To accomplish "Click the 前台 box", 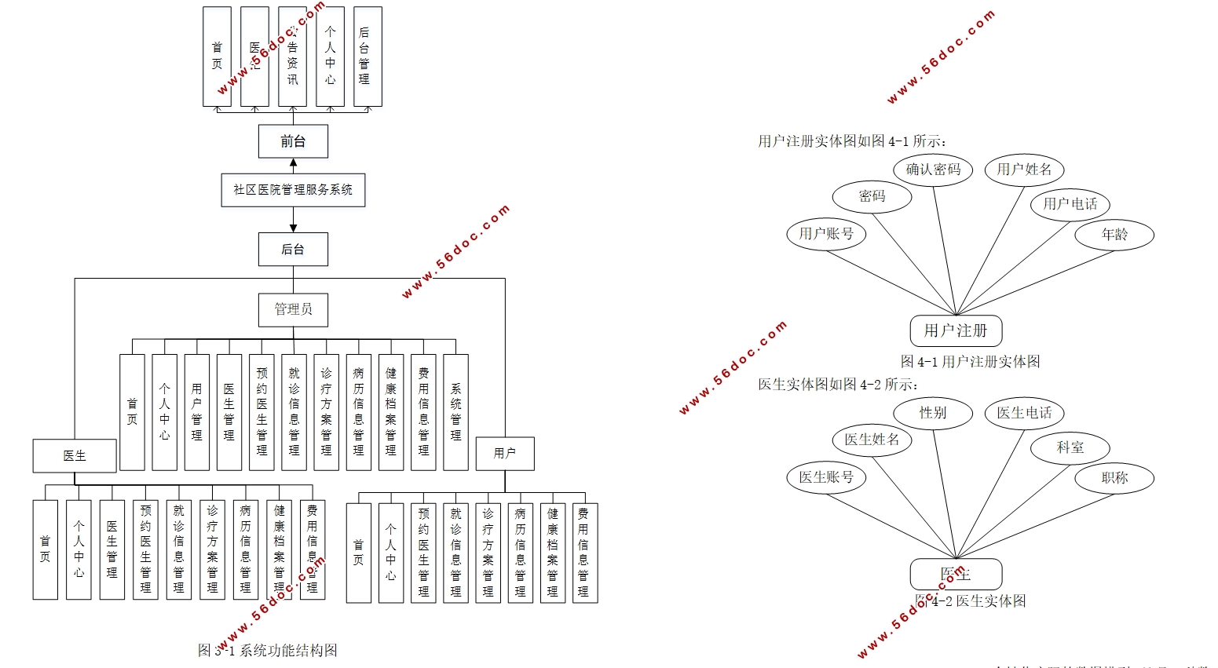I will pos(293,141).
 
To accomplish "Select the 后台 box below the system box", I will pos(293,250).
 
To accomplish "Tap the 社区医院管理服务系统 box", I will pos(293,190).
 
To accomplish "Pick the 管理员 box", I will pos(293,309).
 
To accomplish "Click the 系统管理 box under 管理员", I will pos(455,412).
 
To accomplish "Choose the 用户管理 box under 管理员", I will pos(196,412).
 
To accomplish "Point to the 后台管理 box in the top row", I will pos(368,57).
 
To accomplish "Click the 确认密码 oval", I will pos(933,170).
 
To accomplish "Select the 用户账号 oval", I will pos(826,234).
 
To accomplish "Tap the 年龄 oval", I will pos(1114,235).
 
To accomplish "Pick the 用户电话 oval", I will pos(1070,204).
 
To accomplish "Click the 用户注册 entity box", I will pos(956,330).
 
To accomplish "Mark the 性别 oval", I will pos(933,413).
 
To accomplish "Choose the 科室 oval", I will pos(1070,447).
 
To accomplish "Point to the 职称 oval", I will pos(1114,478).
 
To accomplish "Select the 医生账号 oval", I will pos(826,477).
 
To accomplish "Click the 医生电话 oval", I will pos(1024,413).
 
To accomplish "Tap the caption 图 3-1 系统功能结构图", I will pos(268,650).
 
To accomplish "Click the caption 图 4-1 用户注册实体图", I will pos(970,362).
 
